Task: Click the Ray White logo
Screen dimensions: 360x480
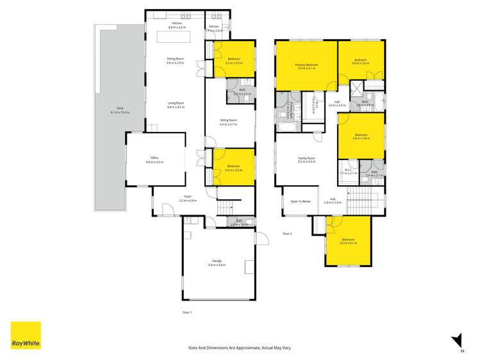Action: (x=26, y=336)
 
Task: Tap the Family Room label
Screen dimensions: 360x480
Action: (x=306, y=160)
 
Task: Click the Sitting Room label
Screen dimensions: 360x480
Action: (x=228, y=122)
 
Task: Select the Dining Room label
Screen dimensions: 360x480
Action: (x=175, y=61)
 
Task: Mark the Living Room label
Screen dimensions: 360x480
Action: (x=175, y=105)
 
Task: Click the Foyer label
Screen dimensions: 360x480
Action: (x=188, y=199)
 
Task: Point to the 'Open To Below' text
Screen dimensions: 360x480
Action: (x=300, y=201)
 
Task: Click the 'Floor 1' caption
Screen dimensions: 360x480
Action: (x=187, y=312)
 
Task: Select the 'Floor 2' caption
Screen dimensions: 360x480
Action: (x=286, y=234)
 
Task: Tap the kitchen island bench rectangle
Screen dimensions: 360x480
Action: (x=175, y=38)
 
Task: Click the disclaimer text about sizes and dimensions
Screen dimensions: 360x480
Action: (x=240, y=347)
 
